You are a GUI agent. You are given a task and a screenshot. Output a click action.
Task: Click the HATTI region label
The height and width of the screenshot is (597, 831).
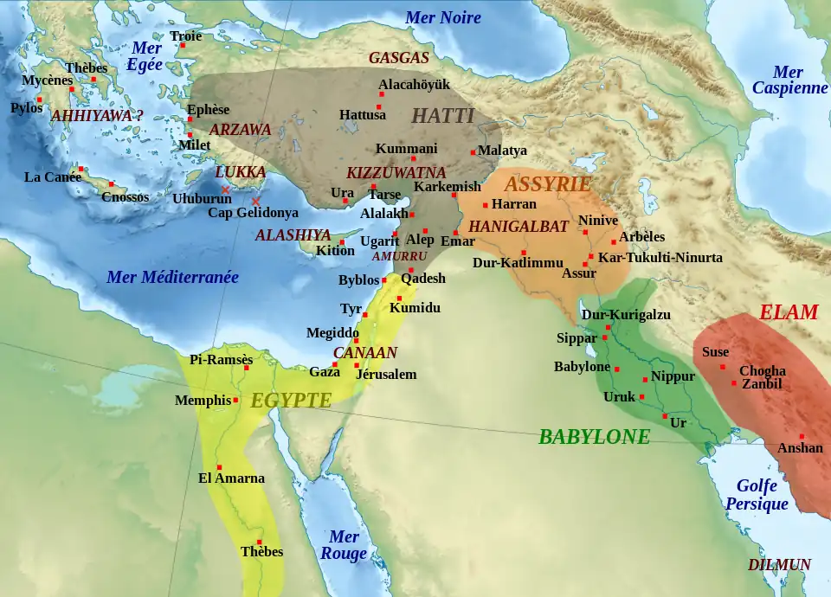pyautogui.click(x=442, y=116)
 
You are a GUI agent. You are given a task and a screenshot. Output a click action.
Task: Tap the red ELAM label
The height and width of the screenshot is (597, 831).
pyautogui.click(x=788, y=312)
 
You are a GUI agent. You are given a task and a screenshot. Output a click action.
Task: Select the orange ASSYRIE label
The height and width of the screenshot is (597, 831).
pyautogui.click(x=547, y=184)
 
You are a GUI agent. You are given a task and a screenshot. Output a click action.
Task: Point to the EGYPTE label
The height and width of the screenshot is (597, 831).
pyautogui.click(x=291, y=400)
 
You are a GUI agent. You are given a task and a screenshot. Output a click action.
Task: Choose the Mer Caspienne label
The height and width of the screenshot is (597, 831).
pyautogui.click(x=789, y=80)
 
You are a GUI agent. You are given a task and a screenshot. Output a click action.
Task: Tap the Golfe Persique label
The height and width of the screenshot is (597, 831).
pyautogui.click(x=757, y=495)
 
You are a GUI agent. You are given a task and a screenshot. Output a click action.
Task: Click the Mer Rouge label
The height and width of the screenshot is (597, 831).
pyautogui.click(x=344, y=546)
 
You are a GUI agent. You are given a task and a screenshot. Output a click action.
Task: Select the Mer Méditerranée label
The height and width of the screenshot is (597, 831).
pyautogui.click(x=172, y=278)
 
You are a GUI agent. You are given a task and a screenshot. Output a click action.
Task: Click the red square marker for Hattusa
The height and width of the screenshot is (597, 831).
pyautogui.click(x=378, y=107)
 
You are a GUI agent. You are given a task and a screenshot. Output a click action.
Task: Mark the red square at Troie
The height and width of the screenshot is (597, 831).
pyautogui.click(x=183, y=46)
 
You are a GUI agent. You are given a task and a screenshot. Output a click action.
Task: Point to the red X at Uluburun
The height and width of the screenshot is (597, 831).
pyautogui.click(x=225, y=189)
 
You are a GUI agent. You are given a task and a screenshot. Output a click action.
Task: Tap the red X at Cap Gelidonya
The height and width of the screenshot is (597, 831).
pyautogui.click(x=255, y=202)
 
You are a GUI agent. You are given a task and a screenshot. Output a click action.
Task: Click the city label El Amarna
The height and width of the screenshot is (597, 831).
pyautogui.click(x=231, y=478)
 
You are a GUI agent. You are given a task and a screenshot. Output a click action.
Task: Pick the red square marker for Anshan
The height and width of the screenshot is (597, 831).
pyautogui.click(x=802, y=436)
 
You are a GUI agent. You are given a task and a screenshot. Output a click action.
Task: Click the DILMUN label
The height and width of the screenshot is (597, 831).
pyautogui.click(x=779, y=565)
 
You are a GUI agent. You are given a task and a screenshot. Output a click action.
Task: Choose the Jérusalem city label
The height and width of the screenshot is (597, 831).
pyautogui.click(x=387, y=375)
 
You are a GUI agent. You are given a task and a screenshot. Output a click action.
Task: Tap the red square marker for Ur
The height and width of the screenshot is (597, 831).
pyautogui.click(x=665, y=417)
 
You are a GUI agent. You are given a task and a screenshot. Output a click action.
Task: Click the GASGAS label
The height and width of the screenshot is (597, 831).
pyautogui.click(x=398, y=59)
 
